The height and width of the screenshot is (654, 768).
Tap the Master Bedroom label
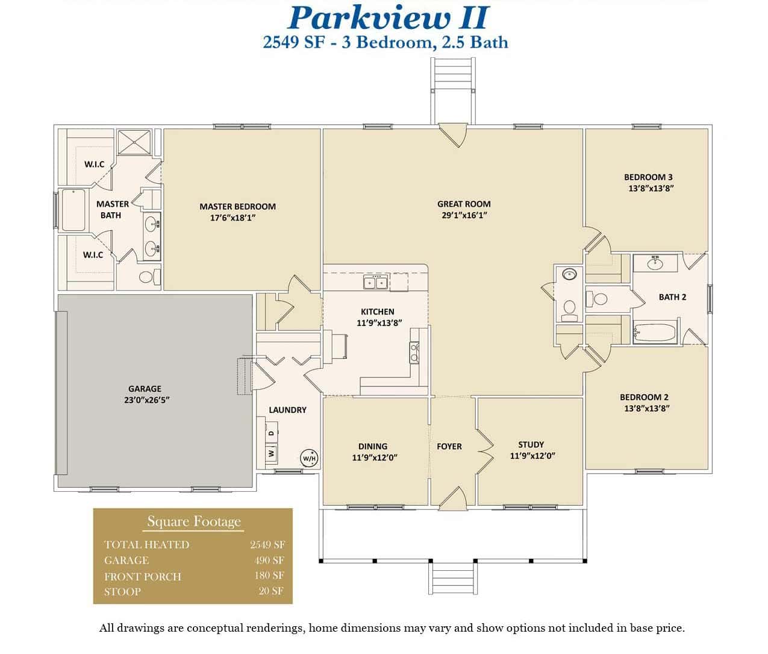point(237,206)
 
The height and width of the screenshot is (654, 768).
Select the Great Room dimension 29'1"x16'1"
point(464,215)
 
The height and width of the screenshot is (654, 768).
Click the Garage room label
point(145,389)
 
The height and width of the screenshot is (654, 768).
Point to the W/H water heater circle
point(309,458)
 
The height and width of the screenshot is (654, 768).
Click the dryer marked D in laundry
point(271,433)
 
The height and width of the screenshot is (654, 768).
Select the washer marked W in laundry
point(271,452)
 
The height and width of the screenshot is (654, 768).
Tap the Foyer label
point(449,446)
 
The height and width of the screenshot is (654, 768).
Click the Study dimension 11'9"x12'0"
point(532,456)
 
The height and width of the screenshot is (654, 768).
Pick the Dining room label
point(372,446)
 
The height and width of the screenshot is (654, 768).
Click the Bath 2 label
point(672,297)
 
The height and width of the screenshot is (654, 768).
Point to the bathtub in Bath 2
point(655,333)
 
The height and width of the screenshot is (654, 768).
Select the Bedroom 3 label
point(648,177)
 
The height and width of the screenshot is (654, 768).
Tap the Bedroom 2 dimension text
point(645,408)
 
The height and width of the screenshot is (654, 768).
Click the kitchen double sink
point(376,282)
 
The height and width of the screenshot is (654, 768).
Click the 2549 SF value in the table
point(267,544)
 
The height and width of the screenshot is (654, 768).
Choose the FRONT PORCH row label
point(143,576)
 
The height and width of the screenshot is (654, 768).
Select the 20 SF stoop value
point(271,591)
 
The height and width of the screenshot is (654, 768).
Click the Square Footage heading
point(194,521)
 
